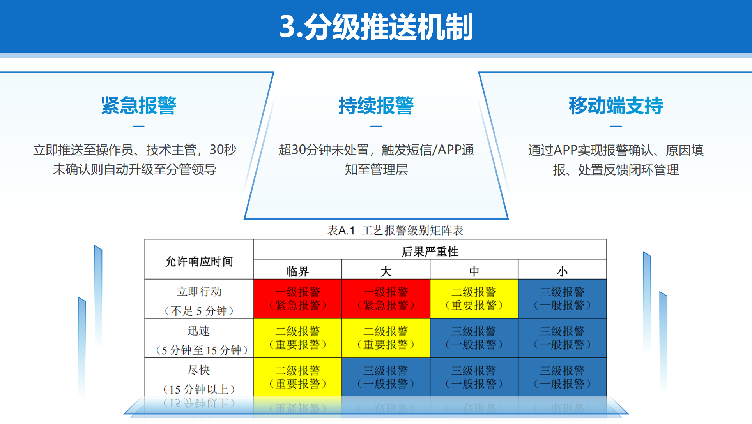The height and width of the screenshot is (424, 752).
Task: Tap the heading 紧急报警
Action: (138, 105)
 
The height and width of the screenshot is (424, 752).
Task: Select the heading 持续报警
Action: (376, 105)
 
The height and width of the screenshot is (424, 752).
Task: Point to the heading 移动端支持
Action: (616, 105)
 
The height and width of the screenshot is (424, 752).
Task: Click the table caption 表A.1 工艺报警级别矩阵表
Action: (395, 230)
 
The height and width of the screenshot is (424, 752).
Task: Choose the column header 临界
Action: (298, 271)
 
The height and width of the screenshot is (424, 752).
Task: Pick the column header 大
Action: (386, 271)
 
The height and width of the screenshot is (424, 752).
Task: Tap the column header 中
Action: (474, 271)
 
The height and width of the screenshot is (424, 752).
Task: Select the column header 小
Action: (562, 271)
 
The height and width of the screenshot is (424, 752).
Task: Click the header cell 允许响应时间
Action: (199, 261)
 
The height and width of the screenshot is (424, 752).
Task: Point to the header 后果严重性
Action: (430, 252)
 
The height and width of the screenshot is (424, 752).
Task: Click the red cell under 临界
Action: (298, 299)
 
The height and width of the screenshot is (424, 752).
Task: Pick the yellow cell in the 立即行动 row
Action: (474, 299)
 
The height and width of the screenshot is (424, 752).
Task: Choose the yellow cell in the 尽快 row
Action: (298, 377)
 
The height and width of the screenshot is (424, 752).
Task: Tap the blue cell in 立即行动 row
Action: (562, 299)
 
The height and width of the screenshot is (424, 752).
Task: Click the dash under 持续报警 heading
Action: (376, 126)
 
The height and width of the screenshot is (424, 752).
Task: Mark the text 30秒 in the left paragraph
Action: (223, 150)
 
